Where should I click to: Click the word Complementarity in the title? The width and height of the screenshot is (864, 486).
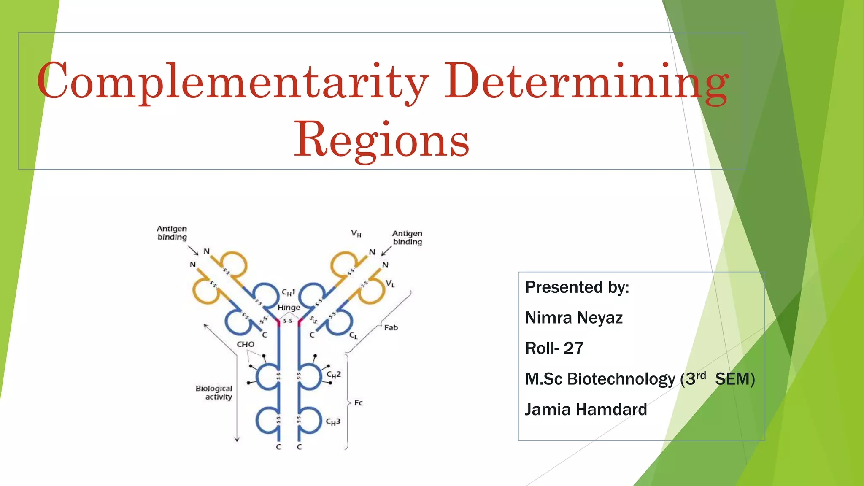point(232,81)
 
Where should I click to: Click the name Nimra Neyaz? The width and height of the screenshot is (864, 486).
point(574,318)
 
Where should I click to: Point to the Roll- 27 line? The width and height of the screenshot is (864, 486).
point(554,348)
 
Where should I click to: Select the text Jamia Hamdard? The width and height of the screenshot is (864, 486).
point(586,410)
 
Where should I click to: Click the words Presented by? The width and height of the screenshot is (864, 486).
point(577,287)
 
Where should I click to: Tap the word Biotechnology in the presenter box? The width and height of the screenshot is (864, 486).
point(621,379)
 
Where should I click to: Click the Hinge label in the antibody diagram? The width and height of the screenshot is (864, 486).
point(289,308)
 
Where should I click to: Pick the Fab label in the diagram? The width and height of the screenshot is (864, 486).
point(391,327)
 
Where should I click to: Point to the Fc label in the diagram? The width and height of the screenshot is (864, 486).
point(359,403)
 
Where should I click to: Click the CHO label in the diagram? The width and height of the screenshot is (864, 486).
point(246,344)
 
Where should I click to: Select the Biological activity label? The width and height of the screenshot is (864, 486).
point(214,392)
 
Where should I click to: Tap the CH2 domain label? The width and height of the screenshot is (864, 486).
point(333,375)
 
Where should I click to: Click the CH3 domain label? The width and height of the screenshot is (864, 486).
point(333,421)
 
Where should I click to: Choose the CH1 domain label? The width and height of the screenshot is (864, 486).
point(289,292)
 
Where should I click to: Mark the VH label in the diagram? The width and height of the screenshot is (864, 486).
point(356,234)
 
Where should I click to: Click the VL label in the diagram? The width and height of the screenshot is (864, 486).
point(390,284)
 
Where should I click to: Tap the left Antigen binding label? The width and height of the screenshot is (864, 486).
point(172,233)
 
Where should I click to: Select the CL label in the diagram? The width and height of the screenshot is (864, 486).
point(354,336)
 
